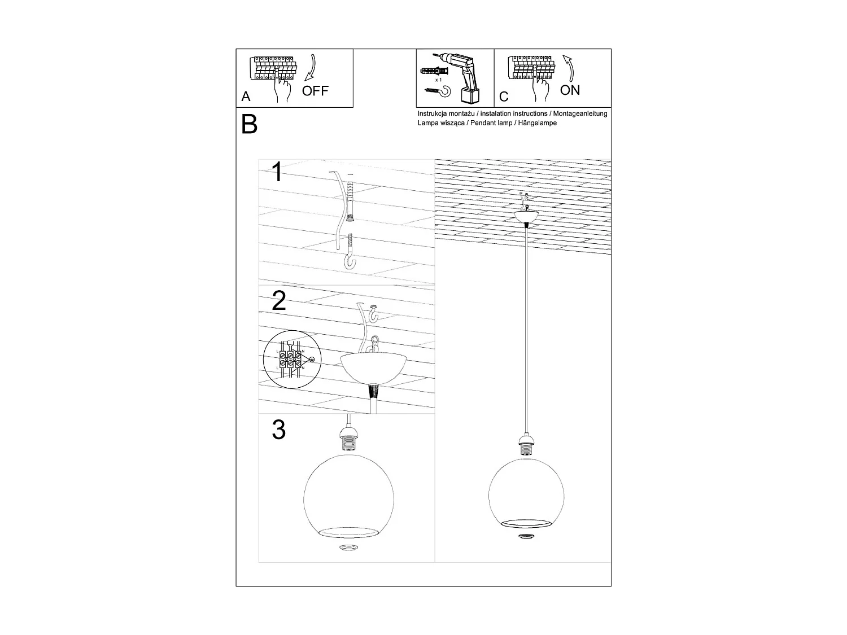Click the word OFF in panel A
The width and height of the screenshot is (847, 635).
tap(315, 91)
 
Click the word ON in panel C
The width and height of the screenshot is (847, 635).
tap(570, 90)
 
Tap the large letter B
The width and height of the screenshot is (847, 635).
tap(249, 125)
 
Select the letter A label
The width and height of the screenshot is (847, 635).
tap(246, 97)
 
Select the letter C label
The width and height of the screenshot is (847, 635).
tap(504, 97)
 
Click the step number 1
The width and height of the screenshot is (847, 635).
tap(277, 172)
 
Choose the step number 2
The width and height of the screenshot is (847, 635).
tap(278, 301)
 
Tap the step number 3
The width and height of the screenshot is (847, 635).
tap(278, 430)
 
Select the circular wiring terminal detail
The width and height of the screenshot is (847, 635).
tap(291, 360)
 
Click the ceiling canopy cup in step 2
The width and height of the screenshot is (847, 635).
tap(373, 367)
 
